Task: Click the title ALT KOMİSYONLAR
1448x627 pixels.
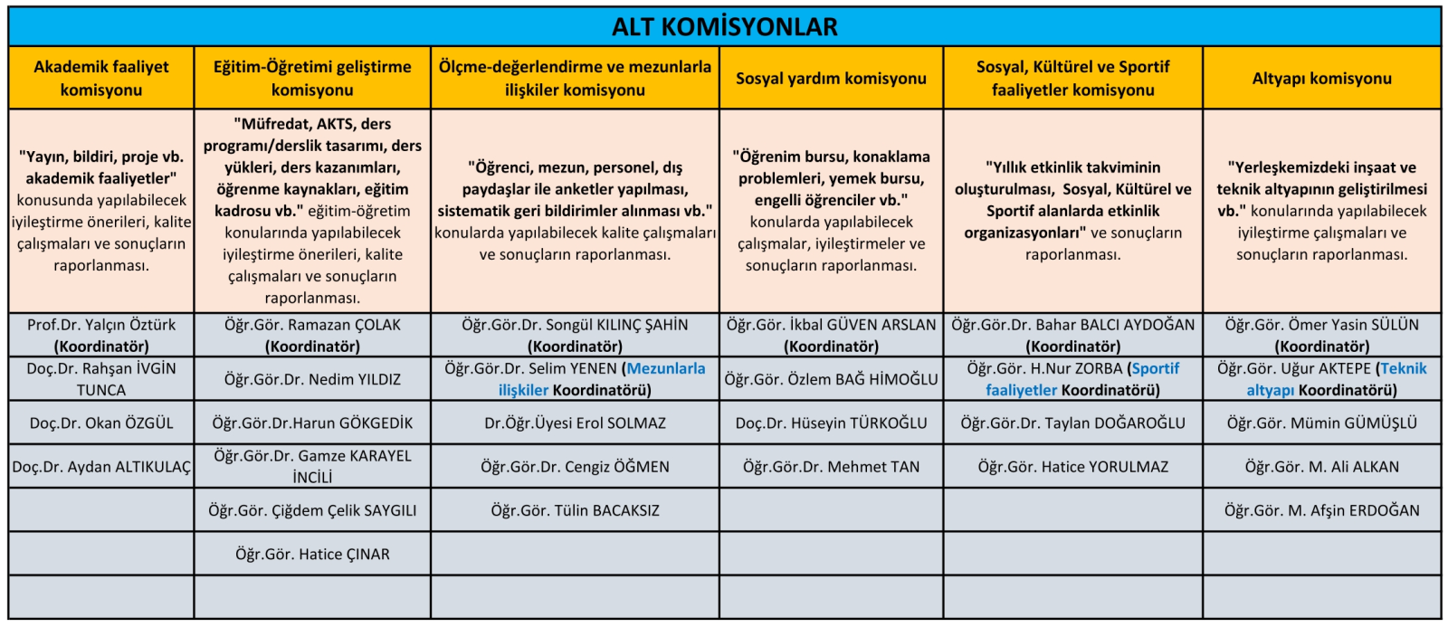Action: tap(724, 27)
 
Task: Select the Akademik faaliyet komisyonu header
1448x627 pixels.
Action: tap(101, 79)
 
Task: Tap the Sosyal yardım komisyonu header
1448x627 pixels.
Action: tap(831, 79)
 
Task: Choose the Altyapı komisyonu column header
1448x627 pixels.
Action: tap(1321, 79)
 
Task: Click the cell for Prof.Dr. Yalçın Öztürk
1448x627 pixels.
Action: tap(101, 335)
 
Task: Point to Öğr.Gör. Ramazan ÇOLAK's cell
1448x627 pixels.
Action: tap(312, 335)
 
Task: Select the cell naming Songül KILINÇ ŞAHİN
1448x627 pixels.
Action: tap(575, 335)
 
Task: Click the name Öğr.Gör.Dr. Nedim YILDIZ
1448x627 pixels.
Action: tap(312, 379)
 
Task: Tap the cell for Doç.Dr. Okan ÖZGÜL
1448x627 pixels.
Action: tap(101, 423)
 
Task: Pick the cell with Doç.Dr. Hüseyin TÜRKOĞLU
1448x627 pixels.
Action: tap(831, 423)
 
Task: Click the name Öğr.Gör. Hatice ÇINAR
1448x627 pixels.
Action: tap(312, 554)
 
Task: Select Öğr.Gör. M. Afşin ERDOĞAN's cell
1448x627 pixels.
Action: tap(1321, 510)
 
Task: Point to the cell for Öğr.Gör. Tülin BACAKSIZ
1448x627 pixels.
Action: tap(575, 510)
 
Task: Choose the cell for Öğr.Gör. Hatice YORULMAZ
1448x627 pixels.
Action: tap(1072, 467)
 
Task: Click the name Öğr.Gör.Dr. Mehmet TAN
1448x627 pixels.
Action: tap(831, 467)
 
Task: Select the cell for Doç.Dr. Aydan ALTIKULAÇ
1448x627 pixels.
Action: tap(101, 467)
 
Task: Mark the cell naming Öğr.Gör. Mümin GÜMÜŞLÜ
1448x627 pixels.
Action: tap(1321, 423)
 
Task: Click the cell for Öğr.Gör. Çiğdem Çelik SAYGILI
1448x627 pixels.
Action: tap(312, 510)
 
